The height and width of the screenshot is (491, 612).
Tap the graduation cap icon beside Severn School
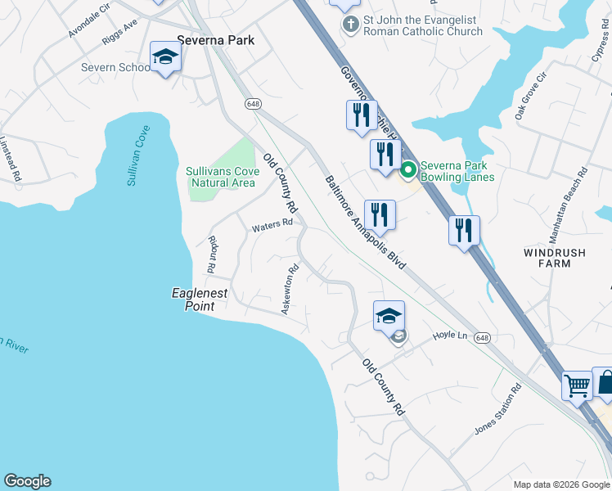click(x=165, y=58)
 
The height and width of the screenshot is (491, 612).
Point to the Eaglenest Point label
click(x=200, y=300)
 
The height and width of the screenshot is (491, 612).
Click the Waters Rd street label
click(x=272, y=225)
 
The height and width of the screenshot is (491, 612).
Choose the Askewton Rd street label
click(x=290, y=289)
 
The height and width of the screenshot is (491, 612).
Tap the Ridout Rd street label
click(x=212, y=254)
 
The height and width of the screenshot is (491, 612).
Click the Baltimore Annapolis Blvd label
click(x=365, y=223)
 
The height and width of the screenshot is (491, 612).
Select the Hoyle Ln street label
click(x=449, y=336)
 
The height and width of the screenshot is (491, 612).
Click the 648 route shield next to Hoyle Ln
click(x=483, y=338)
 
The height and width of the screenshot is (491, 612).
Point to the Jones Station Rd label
click(x=498, y=410)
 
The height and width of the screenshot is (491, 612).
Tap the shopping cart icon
click(x=577, y=384)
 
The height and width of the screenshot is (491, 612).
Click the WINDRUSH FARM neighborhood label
click(x=555, y=259)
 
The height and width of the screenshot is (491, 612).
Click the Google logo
click(x=27, y=481)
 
